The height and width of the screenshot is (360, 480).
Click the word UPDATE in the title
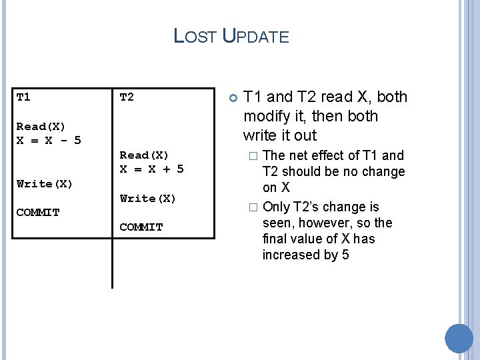[256, 36]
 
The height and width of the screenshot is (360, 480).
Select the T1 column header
[23, 97]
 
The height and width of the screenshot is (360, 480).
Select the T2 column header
[127, 97]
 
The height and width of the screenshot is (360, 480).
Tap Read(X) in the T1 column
[41, 127]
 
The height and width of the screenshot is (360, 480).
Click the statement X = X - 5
[49, 141]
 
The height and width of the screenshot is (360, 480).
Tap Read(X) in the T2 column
[144, 155]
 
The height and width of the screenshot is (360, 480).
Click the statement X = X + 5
[152, 169]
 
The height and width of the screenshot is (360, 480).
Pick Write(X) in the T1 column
[45, 183]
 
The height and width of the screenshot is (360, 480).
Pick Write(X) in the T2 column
[148, 198]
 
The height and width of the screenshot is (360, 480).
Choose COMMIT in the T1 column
[38, 213]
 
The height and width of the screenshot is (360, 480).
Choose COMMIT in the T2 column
[141, 227]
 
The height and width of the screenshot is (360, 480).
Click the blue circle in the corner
[459, 339]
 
